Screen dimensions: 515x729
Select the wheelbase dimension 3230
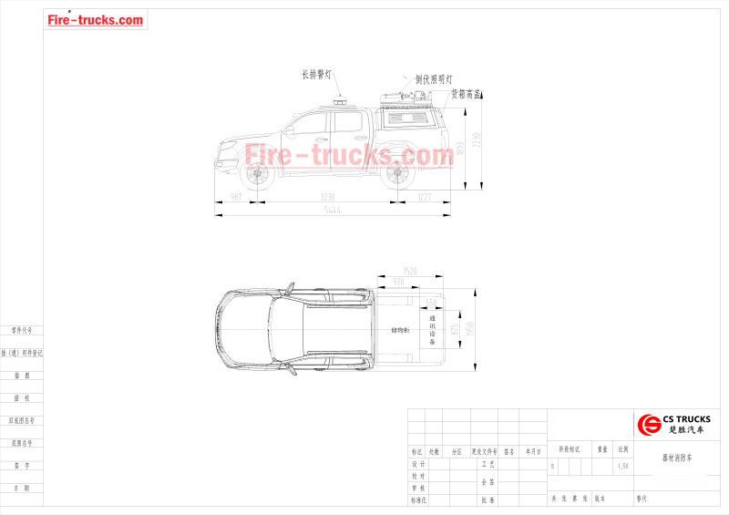pyautogui.click(x=328, y=197)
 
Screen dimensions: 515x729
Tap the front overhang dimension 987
pyautogui.click(x=236, y=197)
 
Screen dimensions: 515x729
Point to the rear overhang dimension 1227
pyautogui.click(x=425, y=197)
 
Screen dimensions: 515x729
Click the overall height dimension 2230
pyautogui.click(x=476, y=139)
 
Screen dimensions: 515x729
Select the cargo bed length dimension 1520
pyautogui.click(x=409, y=272)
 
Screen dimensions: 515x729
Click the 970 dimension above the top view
pyautogui.click(x=397, y=283)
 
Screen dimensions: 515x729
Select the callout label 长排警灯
pyautogui.click(x=317, y=74)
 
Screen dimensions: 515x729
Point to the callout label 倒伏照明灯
pyautogui.click(x=434, y=79)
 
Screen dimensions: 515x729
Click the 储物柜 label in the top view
pyautogui.click(x=400, y=330)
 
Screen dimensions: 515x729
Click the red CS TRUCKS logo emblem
pyautogui.click(x=649, y=424)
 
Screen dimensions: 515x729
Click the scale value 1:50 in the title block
pyautogui.click(x=623, y=466)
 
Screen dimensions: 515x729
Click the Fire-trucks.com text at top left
pyautogui.click(x=96, y=20)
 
